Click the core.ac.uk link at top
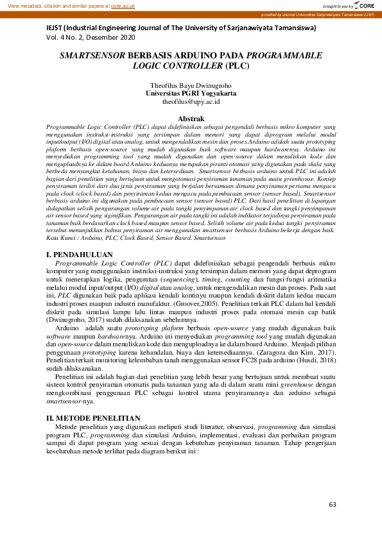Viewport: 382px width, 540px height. coord(124,5)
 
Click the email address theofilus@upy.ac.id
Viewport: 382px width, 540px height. coord(191,101)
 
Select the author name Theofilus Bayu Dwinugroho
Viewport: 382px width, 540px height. coord(191,85)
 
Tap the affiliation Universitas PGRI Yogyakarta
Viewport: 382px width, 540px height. coord(191,93)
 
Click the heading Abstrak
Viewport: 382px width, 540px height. coord(191,119)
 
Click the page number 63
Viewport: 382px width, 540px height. coord(333,505)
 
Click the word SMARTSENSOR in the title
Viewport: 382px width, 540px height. coord(93,56)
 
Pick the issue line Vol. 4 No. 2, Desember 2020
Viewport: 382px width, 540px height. coord(91,38)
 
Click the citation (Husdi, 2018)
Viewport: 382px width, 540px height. coord(315,361)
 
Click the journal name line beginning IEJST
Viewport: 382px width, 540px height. coord(181,29)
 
